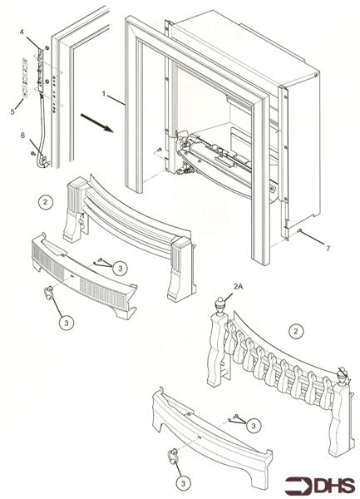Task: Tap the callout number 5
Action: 12,110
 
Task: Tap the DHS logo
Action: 329,484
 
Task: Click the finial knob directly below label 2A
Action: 219,303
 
